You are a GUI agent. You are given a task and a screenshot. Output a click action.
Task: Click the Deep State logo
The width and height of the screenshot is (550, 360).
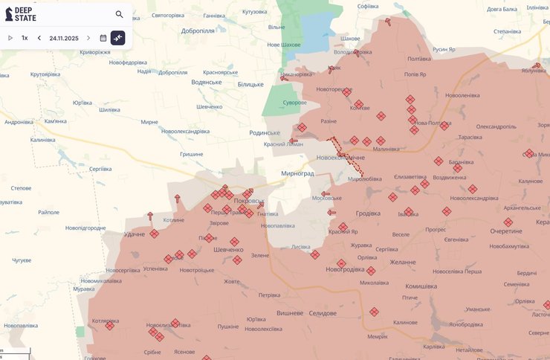pos(21,13)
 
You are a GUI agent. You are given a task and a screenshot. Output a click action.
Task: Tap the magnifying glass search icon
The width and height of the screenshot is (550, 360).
pos(119,14)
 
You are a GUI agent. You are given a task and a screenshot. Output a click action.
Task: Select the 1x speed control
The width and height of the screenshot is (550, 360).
pos(25,38)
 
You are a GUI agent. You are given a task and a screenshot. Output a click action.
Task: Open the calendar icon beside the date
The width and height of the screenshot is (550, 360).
pos(103,38)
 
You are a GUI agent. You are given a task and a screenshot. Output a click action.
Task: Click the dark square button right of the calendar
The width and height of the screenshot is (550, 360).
pos(118,38)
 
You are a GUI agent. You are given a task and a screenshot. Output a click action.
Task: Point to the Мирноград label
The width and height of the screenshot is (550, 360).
pos(297,173)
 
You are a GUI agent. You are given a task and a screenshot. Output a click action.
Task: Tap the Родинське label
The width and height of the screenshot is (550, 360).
pos(265,132)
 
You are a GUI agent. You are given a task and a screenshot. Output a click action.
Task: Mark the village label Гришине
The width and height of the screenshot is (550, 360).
pos(191,154)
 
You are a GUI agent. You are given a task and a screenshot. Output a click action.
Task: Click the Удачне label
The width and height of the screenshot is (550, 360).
pos(135,234)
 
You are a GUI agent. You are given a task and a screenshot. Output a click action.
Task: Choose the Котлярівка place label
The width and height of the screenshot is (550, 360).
pos(106,321)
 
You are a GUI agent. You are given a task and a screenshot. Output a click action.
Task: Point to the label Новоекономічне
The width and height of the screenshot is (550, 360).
pos(340,158)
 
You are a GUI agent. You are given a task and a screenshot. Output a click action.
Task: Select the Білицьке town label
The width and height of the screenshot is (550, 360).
pos(250,84)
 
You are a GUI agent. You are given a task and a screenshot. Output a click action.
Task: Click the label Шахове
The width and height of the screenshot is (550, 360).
pos(349,38)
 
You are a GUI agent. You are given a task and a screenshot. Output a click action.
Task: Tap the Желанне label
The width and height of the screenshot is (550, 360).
pos(403,262)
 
